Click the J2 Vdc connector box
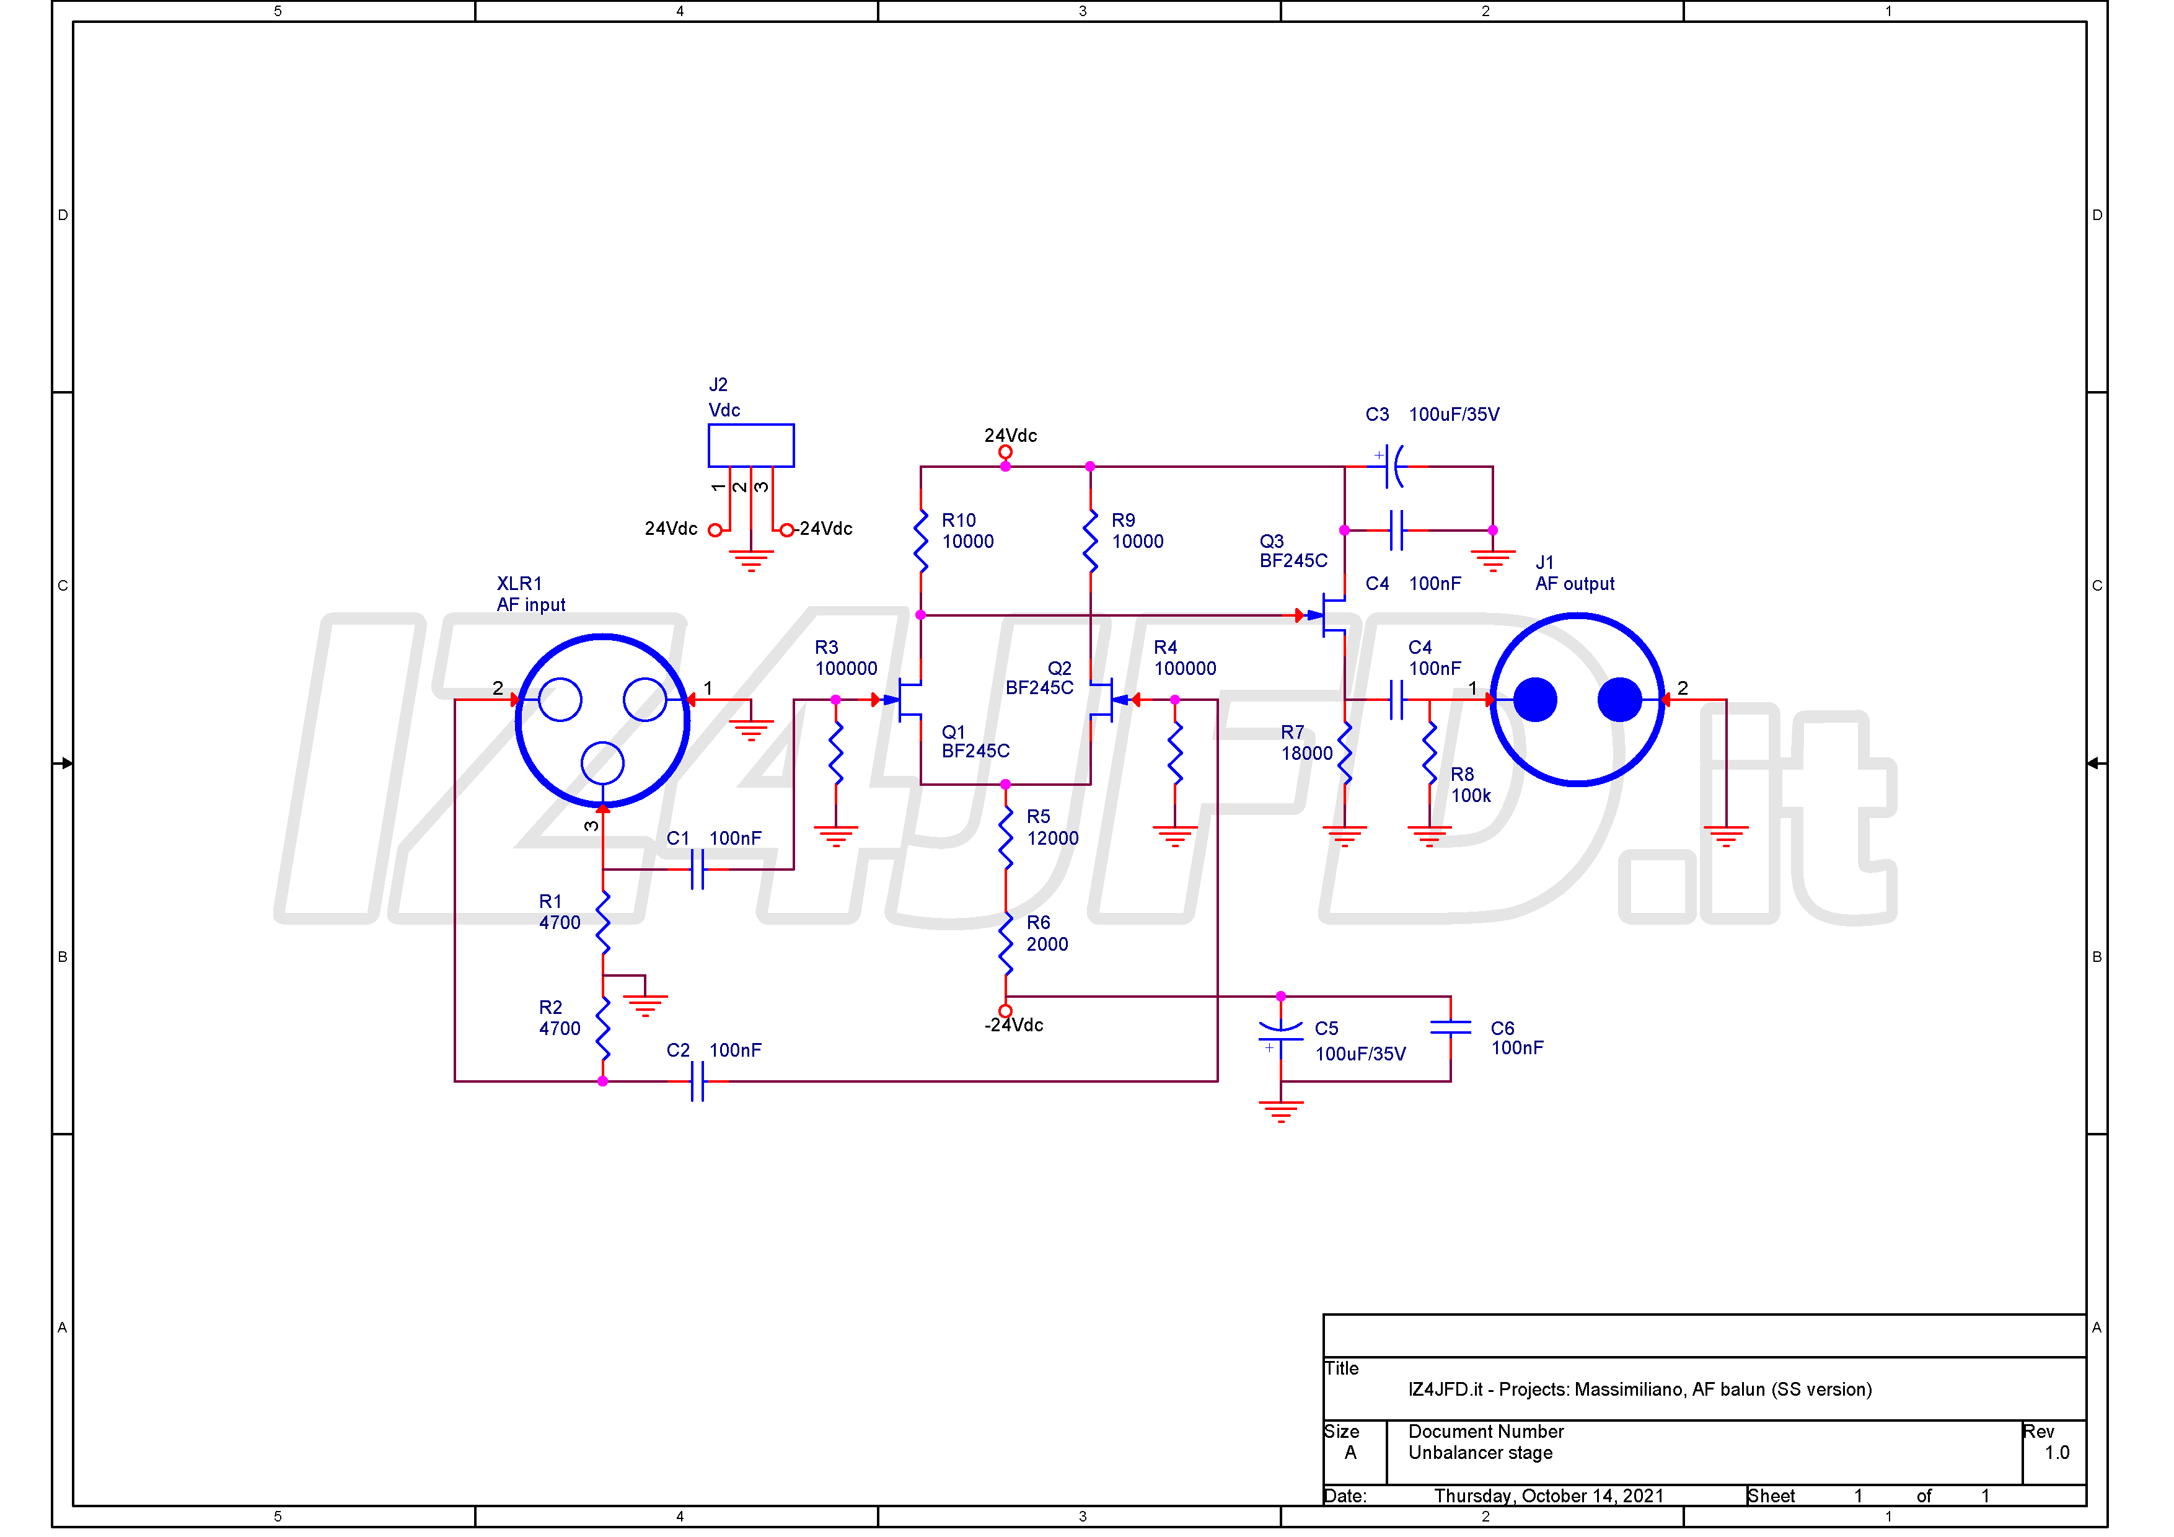[751, 445]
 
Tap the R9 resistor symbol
[1090, 541]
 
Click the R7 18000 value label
[1306, 753]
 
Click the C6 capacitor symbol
[1451, 1028]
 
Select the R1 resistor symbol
[603, 922]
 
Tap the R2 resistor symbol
[603, 1028]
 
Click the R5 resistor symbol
[1006, 837]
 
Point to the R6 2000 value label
[1047, 944]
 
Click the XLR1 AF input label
[530, 594]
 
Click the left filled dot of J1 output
[1535, 700]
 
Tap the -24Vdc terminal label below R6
[1013, 1024]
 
